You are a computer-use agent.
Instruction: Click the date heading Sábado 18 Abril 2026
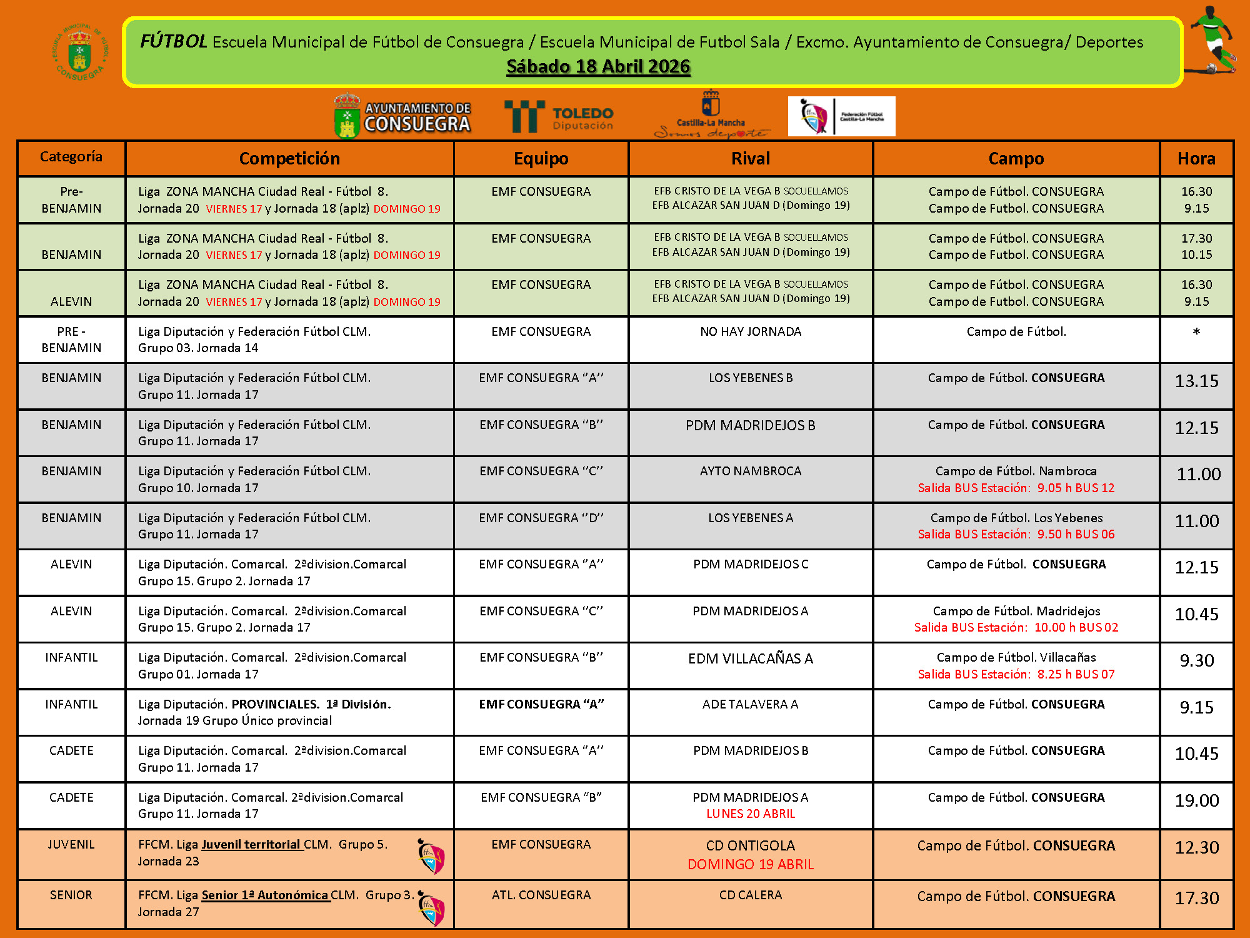coord(598,67)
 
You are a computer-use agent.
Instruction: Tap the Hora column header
coord(1196,159)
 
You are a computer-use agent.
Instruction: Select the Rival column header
coord(751,159)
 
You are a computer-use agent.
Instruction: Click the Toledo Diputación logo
coord(559,117)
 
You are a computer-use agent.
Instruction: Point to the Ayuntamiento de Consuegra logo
coord(402,116)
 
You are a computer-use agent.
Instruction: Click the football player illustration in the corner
coord(1212,41)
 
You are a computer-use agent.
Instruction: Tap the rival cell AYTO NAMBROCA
coord(751,471)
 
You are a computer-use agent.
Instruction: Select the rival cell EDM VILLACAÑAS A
coord(751,658)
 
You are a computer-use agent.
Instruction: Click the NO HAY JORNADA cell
coord(751,331)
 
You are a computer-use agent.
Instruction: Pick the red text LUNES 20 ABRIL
coord(751,814)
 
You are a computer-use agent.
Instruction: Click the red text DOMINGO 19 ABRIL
coord(751,864)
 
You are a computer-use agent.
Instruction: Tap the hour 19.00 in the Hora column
coord(1196,800)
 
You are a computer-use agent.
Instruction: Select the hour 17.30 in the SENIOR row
coord(1196,898)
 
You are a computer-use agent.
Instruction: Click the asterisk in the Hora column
coord(1196,332)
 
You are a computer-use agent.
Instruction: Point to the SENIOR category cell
coord(71,895)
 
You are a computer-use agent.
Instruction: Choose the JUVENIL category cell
coord(71,844)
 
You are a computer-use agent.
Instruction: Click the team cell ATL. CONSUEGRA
coord(541,895)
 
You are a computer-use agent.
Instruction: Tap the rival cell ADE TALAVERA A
coord(751,704)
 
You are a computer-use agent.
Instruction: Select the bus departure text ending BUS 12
coord(1016,488)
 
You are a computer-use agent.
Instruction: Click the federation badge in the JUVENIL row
coord(431,856)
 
